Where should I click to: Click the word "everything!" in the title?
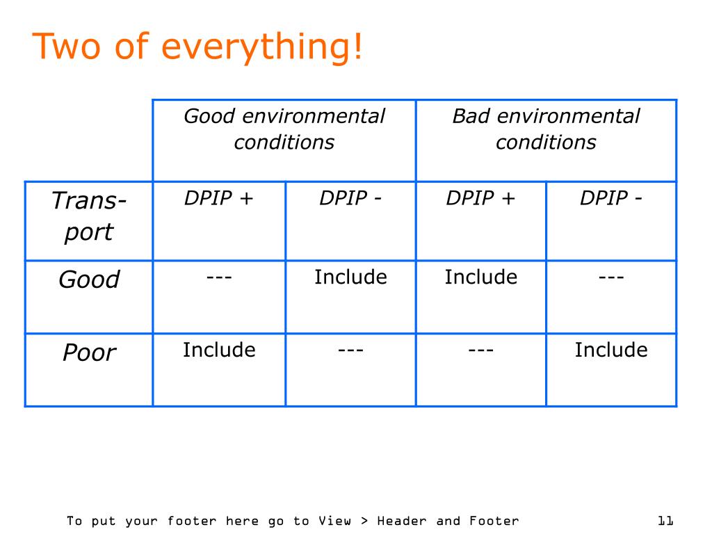coord(262,47)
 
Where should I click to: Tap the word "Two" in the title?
coord(66,46)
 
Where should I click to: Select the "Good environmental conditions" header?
coord(284,129)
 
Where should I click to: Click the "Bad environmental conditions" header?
coord(546,129)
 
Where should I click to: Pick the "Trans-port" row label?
coord(89,217)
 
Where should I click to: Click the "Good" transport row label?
coord(89,279)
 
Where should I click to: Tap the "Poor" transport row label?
coord(89,352)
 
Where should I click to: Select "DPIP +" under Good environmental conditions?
coord(218,198)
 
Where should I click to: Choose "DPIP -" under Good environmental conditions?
coord(350,198)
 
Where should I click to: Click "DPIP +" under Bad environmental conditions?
coord(480,198)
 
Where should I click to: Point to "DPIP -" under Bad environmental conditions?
coord(610,198)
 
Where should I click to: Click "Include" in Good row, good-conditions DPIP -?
coord(350,277)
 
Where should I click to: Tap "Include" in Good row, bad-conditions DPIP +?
coord(481,277)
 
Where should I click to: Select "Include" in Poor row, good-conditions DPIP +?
coord(219,350)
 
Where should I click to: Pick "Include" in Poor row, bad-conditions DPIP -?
coord(611,350)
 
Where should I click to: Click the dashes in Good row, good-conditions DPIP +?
coord(219,277)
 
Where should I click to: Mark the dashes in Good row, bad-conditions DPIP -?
coord(611,277)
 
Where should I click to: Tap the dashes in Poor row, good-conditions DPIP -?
coord(350,350)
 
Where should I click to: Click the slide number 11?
coord(665,520)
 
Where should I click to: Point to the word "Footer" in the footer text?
coord(494,520)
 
